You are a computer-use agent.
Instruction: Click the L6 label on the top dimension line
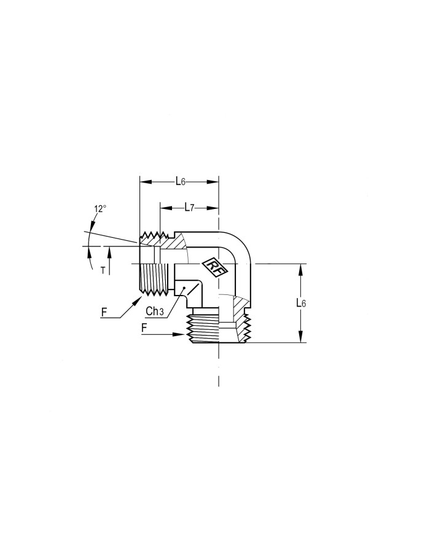click(181, 182)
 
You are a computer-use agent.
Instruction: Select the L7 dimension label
click(189, 208)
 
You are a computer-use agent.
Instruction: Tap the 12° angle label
click(100, 209)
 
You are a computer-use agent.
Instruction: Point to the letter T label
click(103, 271)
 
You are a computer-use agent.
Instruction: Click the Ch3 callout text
click(155, 311)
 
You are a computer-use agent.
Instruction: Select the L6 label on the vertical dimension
click(301, 303)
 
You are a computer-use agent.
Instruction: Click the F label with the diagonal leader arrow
click(104, 312)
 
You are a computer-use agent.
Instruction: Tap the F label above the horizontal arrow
click(144, 328)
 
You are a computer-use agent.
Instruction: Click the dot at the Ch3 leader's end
click(184, 288)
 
